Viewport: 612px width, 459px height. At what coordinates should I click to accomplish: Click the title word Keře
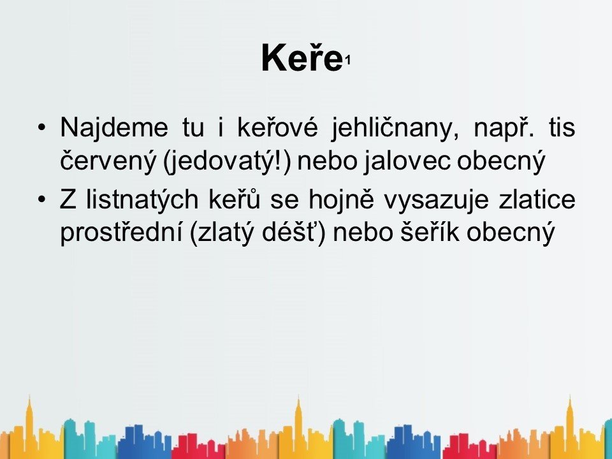(302, 57)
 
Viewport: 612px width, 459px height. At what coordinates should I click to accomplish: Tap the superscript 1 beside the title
(347, 61)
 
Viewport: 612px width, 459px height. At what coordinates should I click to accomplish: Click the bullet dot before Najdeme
(42, 127)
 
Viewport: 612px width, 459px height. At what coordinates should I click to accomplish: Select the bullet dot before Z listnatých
(42, 200)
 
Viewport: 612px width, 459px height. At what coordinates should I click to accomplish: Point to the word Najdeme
(114, 127)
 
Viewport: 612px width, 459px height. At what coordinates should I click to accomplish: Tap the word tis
(562, 127)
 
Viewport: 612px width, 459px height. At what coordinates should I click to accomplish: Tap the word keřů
(235, 199)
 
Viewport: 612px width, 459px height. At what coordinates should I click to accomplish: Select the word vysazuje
(436, 200)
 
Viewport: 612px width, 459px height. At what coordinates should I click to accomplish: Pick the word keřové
(277, 127)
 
